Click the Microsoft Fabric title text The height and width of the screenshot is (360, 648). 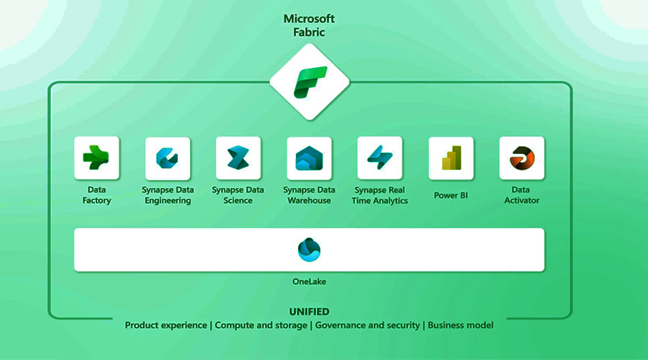[x=310, y=25]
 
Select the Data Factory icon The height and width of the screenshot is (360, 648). [x=96, y=158]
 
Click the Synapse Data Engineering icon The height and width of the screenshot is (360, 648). [x=168, y=158]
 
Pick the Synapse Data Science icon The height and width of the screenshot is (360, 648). [x=238, y=158]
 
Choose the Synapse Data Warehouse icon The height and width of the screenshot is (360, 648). [x=309, y=158]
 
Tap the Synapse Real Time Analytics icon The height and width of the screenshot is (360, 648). [x=379, y=158]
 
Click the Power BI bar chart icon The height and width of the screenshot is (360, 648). [x=451, y=158]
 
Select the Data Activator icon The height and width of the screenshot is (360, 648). [x=521, y=158]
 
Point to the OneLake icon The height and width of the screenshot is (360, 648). [x=309, y=250]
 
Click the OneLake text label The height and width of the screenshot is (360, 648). [x=309, y=282]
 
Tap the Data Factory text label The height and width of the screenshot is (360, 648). [x=96, y=195]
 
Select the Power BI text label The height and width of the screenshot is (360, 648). [x=451, y=195]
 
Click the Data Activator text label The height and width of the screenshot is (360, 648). [x=521, y=195]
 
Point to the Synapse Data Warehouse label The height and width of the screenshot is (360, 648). [x=309, y=195]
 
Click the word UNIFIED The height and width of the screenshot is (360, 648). [x=309, y=312]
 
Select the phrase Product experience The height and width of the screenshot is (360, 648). [x=166, y=325]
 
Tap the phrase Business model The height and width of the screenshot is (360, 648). [x=461, y=325]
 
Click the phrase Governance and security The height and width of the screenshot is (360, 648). [x=368, y=325]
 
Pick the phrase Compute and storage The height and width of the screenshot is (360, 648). [x=261, y=325]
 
